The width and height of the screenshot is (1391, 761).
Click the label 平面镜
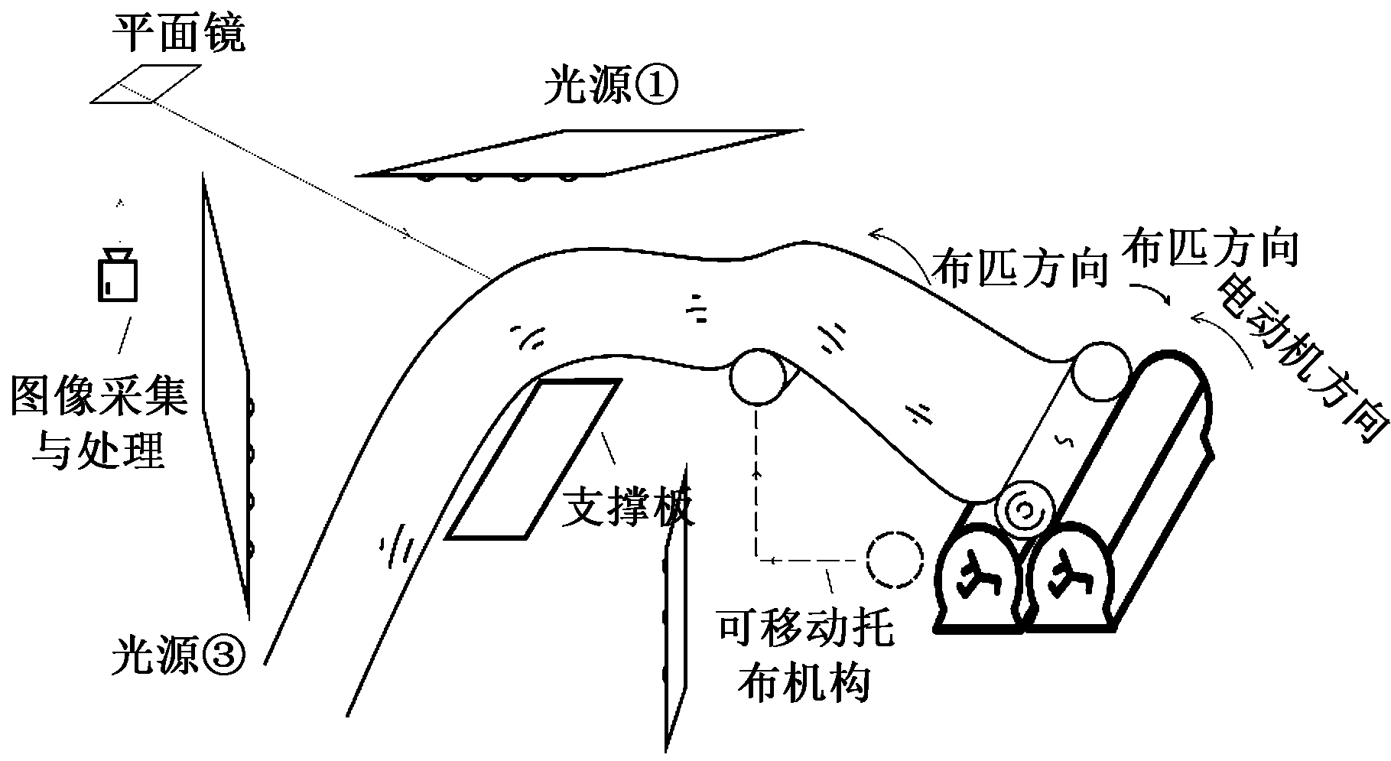[x=179, y=34]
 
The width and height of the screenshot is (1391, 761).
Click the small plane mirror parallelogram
[x=146, y=83]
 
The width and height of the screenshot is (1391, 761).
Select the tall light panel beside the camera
[x=226, y=398]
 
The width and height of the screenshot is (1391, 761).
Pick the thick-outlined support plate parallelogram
[x=533, y=459]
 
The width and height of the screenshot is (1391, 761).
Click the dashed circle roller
[x=895, y=560]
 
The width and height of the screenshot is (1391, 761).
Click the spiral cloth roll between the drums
[x=1025, y=510]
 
